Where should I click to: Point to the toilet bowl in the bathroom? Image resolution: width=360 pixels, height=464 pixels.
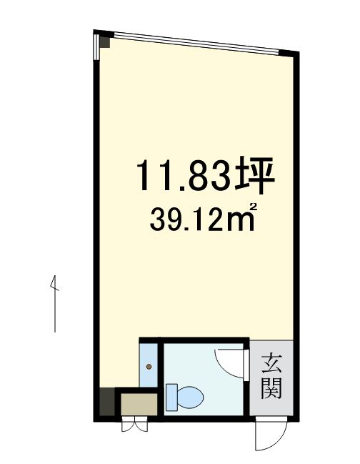pyautogui.click(x=189, y=395)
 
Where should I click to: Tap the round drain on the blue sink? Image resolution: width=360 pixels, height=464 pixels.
pyautogui.click(x=149, y=367)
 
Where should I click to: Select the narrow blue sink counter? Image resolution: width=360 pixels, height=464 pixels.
pyautogui.click(x=149, y=363)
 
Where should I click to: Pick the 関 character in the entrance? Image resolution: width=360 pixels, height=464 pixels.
pyautogui.click(x=271, y=389)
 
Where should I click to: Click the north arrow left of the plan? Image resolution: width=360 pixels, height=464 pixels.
pyautogui.click(x=54, y=304)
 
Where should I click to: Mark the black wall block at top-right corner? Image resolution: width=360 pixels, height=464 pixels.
pyautogui.click(x=289, y=54)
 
